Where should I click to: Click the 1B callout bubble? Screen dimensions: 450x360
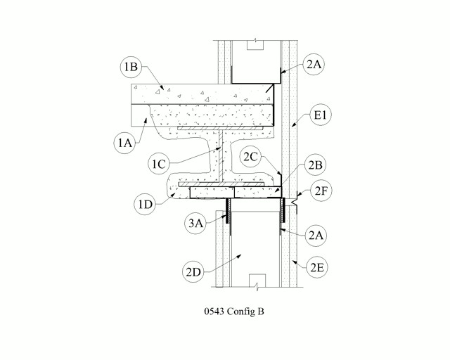click(x=131, y=67)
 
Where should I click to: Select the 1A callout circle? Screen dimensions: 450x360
click(x=125, y=143)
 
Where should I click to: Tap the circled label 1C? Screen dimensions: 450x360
click(x=159, y=164)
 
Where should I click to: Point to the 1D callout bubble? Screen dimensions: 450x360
click(x=146, y=205)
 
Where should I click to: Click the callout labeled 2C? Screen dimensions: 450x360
click(x=250, y=157)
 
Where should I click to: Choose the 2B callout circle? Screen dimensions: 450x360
click(x=316, y=165)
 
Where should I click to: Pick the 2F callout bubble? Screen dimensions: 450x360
click(x=321, y=191)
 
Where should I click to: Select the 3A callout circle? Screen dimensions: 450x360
click(x=195, y=223)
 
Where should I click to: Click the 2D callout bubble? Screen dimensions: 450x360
click(x=193, y=271)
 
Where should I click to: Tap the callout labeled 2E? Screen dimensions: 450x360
click(x=317, y=267)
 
